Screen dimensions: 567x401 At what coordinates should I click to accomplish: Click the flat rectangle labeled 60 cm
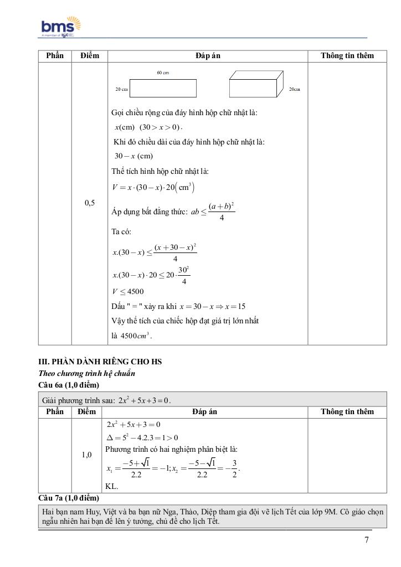coord(163,89)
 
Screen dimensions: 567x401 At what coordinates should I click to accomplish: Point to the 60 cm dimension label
coord(163,73)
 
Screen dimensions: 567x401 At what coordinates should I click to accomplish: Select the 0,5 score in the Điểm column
coord(90,203)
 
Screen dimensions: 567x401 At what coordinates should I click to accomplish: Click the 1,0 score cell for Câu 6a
coord(87,455)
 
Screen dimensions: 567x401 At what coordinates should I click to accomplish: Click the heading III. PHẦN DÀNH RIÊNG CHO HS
coord(100,362)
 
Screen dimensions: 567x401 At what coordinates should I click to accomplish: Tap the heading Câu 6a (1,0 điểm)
coord(69,385)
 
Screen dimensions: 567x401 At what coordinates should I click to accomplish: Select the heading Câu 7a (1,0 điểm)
coord(69,498)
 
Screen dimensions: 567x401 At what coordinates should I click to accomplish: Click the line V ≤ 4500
coord(127,292)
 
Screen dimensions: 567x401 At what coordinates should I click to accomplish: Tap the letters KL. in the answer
coord(112,487)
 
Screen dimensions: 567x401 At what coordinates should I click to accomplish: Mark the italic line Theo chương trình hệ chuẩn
coord(86,374)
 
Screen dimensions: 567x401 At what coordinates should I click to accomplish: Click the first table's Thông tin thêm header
coord(347,55)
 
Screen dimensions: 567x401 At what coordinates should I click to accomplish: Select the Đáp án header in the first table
coord(208,55)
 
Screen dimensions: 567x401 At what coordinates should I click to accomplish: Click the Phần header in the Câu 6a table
coord(55,411)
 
